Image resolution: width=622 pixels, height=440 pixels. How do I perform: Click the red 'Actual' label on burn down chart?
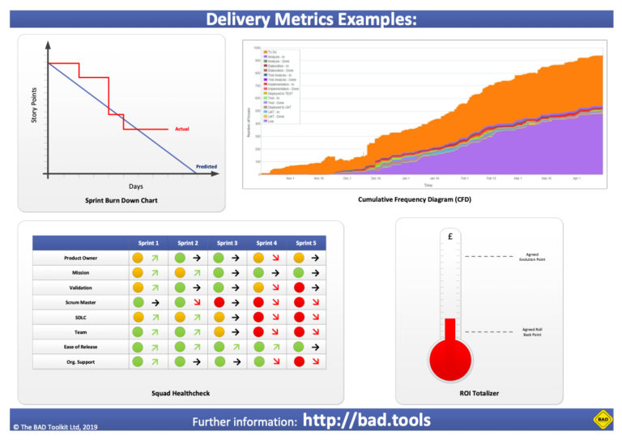(182, 130)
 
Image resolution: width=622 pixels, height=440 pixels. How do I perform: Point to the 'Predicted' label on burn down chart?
(207, 167)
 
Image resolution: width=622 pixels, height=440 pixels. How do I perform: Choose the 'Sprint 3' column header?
(227, 243)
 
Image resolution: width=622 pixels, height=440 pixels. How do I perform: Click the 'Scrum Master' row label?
(80, 302)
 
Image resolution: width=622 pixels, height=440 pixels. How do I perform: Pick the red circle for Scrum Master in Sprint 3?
(218, 302)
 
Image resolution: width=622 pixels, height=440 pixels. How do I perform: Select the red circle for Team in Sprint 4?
(258, 332)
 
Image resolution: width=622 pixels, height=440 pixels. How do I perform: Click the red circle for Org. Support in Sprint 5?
(298, 361)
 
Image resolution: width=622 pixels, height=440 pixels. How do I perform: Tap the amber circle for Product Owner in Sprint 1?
(138, 258)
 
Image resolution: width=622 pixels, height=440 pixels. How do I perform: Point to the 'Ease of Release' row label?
(80, 347)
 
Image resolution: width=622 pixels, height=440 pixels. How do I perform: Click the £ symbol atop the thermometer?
(449, 237)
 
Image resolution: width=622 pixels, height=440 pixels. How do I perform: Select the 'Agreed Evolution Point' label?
(537, 257)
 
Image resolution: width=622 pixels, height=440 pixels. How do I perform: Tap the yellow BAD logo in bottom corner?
(602, 419)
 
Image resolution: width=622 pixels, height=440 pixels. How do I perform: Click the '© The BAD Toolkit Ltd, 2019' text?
(55, 426)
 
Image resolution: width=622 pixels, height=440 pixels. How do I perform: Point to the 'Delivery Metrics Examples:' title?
(311, 18)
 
